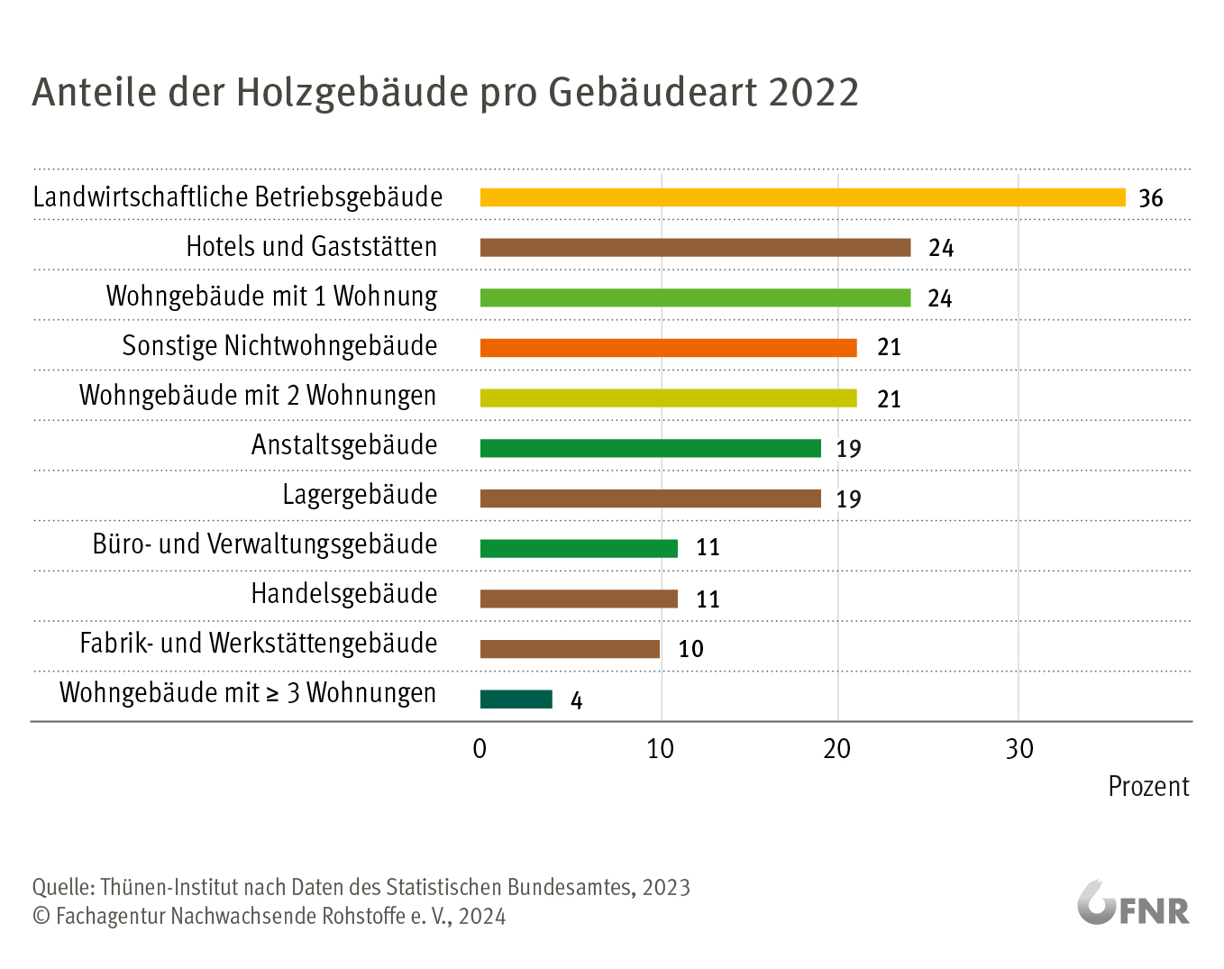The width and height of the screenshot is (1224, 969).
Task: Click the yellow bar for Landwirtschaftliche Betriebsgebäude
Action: point(802,197)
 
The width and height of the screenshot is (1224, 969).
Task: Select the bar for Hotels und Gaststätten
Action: point(695,248)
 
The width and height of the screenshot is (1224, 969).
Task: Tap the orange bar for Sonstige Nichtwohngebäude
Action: point(668,348)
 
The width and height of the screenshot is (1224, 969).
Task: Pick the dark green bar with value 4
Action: point(516,699)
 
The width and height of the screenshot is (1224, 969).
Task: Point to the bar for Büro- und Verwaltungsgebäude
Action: point(579,548)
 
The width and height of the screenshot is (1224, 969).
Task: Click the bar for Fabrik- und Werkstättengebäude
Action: point(570,649)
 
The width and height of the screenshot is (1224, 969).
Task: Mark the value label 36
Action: point(1151,198)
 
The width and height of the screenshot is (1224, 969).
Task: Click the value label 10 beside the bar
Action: point(690,649)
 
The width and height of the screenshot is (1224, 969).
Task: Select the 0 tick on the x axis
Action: point(480,749)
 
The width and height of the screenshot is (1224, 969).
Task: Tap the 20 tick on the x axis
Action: point(837,749)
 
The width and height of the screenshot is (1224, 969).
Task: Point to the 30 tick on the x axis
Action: point(1019,749)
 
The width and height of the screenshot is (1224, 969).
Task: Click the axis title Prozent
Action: point(1148,787)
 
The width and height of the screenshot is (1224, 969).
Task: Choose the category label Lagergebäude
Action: point(360,495)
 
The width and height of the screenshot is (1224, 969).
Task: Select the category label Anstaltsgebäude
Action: point(344,445)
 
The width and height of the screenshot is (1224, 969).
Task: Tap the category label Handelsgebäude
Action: point(344,594)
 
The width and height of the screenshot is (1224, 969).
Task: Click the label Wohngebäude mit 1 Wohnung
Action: point(271,297)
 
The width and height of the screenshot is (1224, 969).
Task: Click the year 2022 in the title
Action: point(814,93)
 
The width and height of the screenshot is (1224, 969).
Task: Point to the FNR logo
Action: point(1133,903)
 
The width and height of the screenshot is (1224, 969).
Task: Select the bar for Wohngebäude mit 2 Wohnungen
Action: point(668,398)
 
